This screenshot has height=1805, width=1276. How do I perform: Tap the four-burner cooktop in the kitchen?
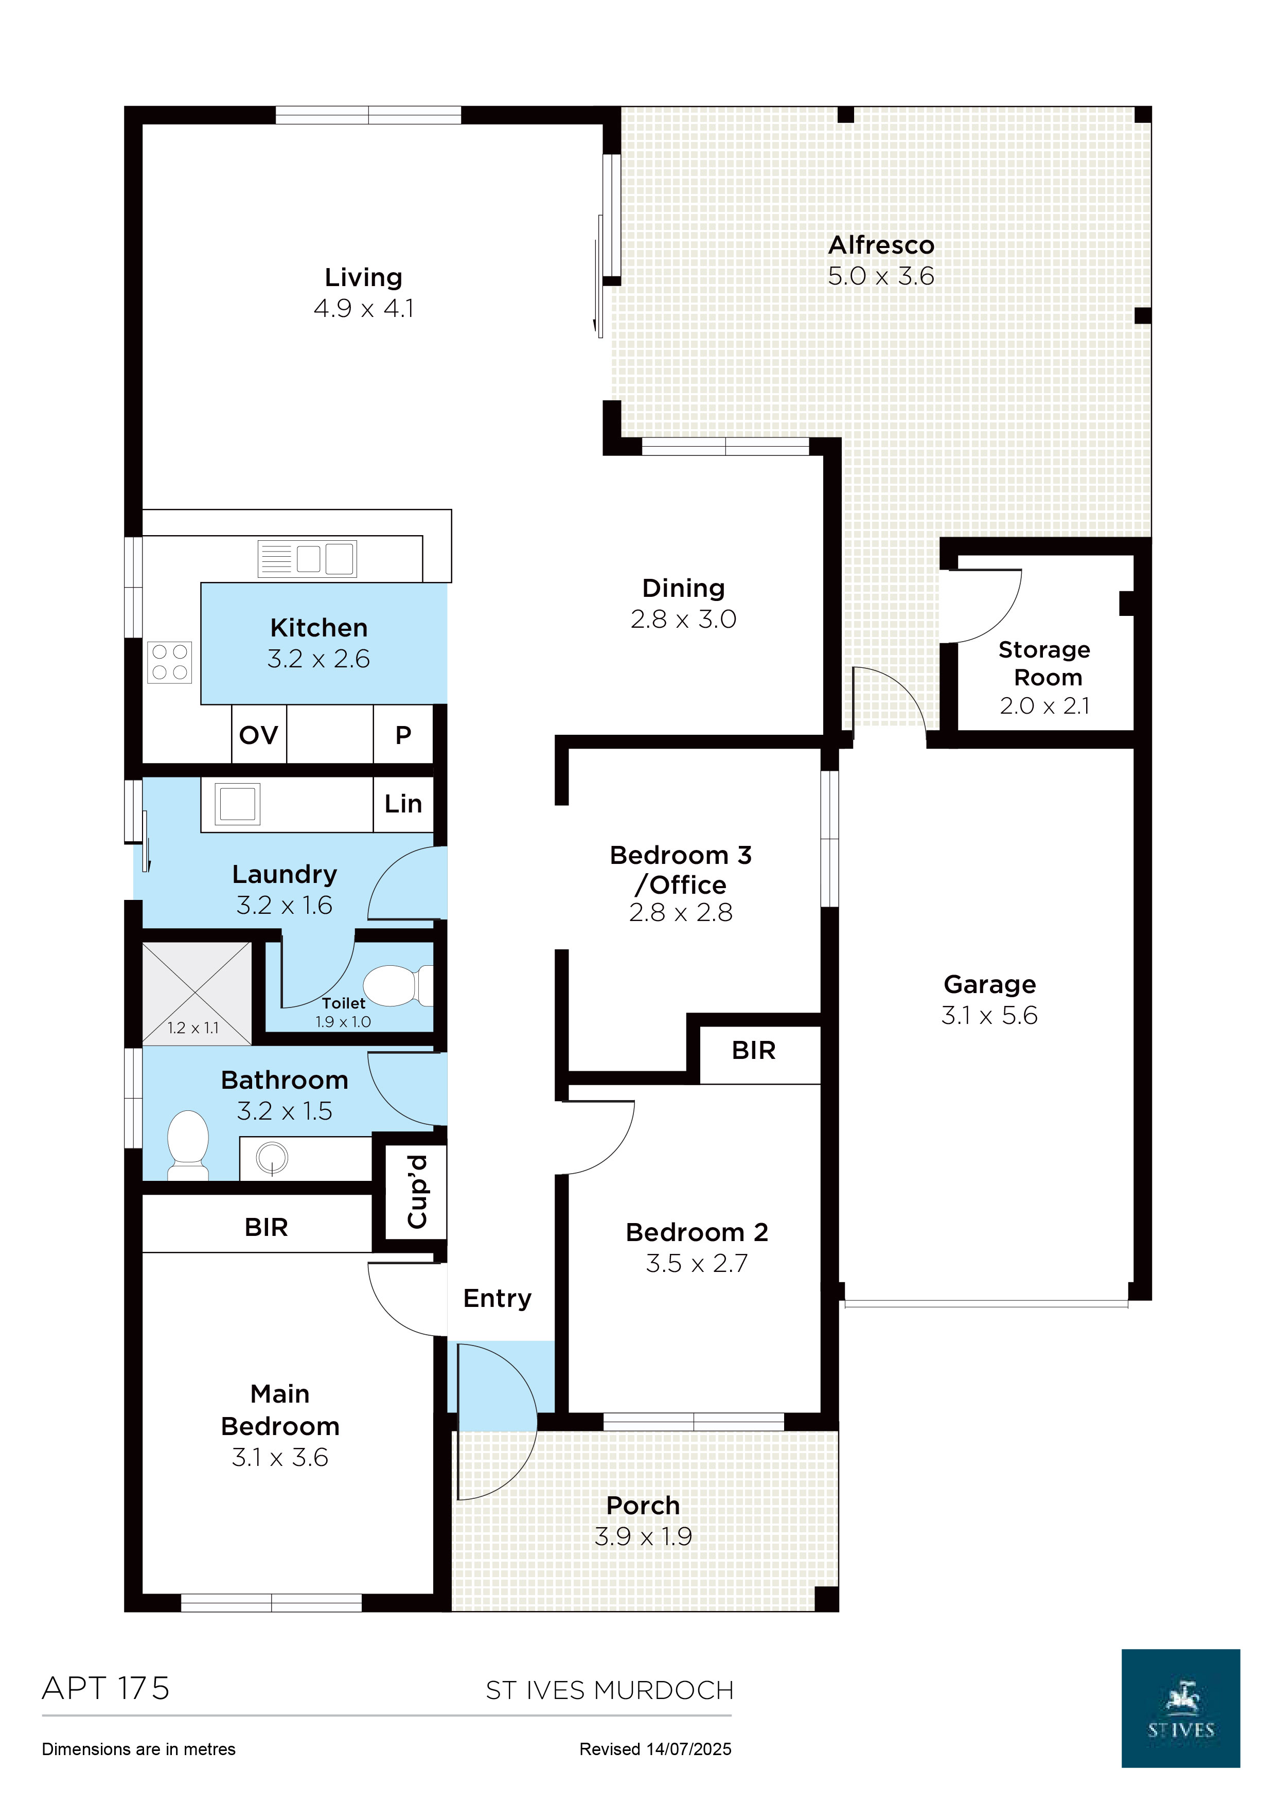click(170, 661)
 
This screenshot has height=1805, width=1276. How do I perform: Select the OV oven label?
click(259, 735)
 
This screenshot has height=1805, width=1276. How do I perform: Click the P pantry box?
click(403, 735)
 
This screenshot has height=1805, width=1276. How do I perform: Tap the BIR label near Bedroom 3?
click(753, 1050)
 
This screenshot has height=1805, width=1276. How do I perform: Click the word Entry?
click(497, 1298)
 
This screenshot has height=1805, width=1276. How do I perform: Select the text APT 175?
click(105, 1688)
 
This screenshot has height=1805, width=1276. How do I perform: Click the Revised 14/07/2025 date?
click(655, 1749)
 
